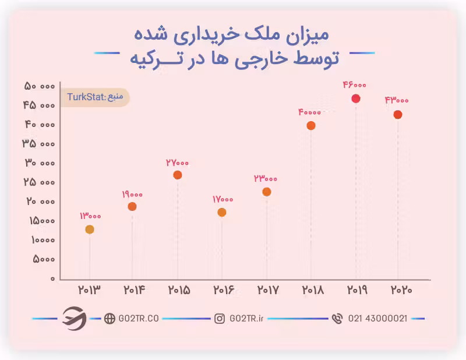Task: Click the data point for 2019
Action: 356,98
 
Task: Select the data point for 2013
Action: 90,230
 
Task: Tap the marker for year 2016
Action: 222,213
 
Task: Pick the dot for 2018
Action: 311,125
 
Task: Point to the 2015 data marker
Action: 178,175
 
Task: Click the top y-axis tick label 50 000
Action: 40,86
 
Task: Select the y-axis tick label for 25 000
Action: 40,182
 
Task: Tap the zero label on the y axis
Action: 53,278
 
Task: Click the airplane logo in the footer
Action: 74,318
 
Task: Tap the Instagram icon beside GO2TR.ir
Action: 220,319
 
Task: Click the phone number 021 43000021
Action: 377,319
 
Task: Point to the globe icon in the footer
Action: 110,319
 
